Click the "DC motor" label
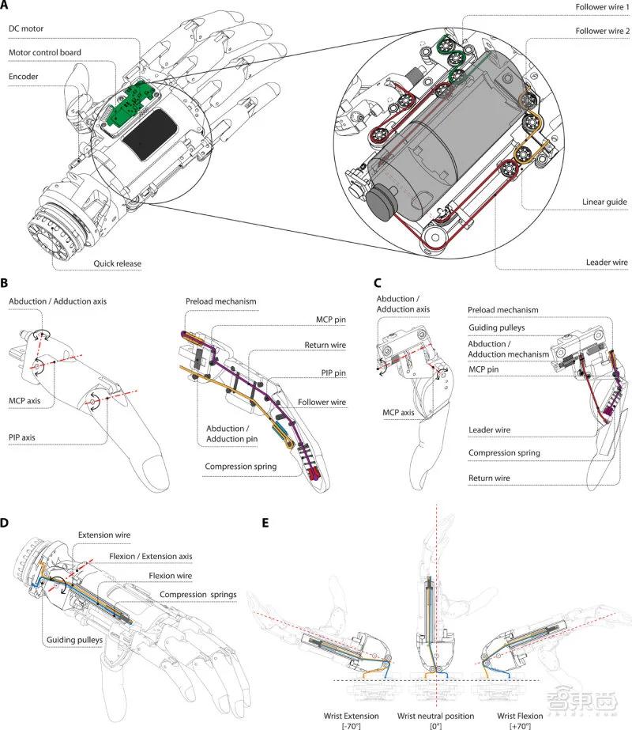tap(26, 28)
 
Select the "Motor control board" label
tap(45, 53)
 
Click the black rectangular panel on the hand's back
tap(149, 134)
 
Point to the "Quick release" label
tap(117, 263)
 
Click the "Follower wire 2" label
tap(602, 31)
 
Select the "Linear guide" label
tap(604, 202)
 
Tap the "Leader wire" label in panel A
tap(607, 263)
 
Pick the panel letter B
tap(4, 283)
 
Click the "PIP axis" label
tap(22, 437)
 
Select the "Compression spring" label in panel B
tap(240, 467)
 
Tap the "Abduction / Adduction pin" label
tap(231, 433)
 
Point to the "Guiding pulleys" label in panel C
tap(496, 327)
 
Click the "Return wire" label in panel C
tap(489, 478)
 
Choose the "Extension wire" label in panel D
tap(104, 535)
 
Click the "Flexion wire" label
tap(170, 576)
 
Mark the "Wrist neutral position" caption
tap(436, 716)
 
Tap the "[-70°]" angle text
tap(351, 726)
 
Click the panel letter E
tap(265, 523)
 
